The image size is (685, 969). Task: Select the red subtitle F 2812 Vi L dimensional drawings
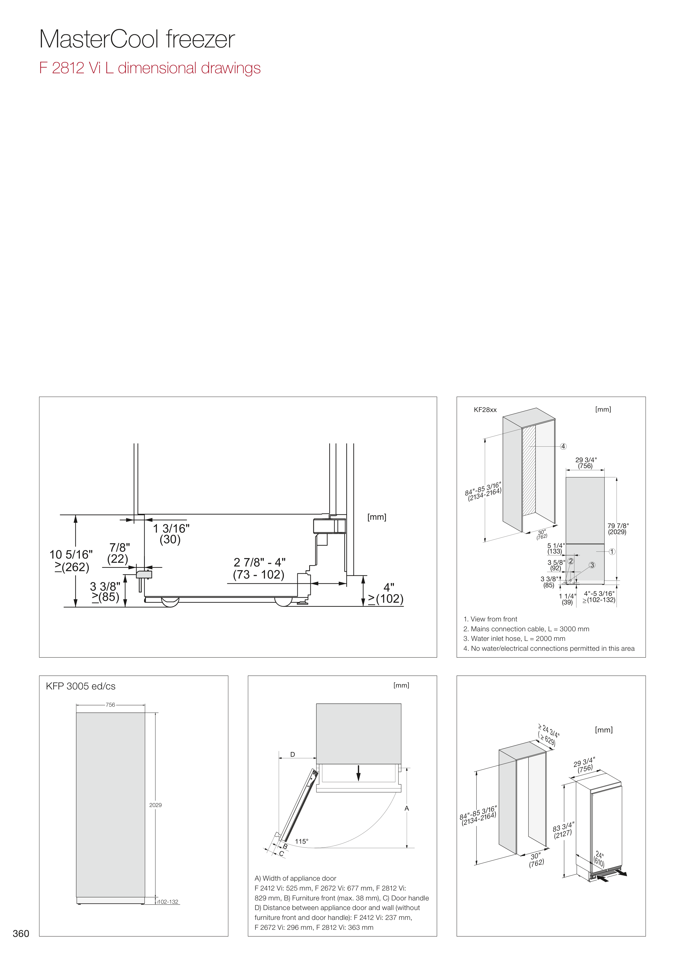coord(150,68)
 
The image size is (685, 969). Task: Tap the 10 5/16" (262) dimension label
coord(71,560)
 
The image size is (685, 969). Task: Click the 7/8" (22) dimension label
coord(119,553)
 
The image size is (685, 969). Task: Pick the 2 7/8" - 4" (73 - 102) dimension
coord(259,568)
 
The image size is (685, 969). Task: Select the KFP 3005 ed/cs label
coord(81,686)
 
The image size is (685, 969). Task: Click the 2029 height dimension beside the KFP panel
coord(155,805)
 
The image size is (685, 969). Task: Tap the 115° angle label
coord(301,841)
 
